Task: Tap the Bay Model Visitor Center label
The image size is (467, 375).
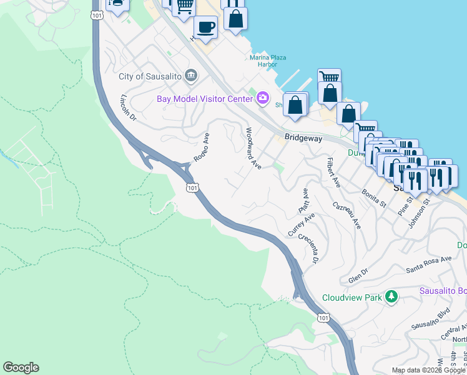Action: (x=204, y=98)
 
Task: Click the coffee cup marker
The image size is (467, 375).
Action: (x=205, y=27)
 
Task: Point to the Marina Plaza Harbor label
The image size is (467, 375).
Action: (x=268, y=61)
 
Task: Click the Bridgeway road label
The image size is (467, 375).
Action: (x=303, y=138)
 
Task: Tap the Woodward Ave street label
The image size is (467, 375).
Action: (x=253, y=148)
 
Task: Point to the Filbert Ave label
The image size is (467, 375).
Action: (x=333, y=172)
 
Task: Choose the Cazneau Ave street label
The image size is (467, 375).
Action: (x=347, y=215)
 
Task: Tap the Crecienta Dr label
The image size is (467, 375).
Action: (x=309, y=248)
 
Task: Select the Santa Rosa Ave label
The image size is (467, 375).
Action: (x=428, y=264)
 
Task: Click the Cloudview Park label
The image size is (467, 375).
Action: (x=351, y=298)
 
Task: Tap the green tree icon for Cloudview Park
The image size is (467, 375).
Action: (x=391, y=296)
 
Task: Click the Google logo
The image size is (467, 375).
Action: (x=21, y=367)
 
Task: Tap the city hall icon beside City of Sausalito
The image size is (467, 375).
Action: (x=191, y=76)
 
